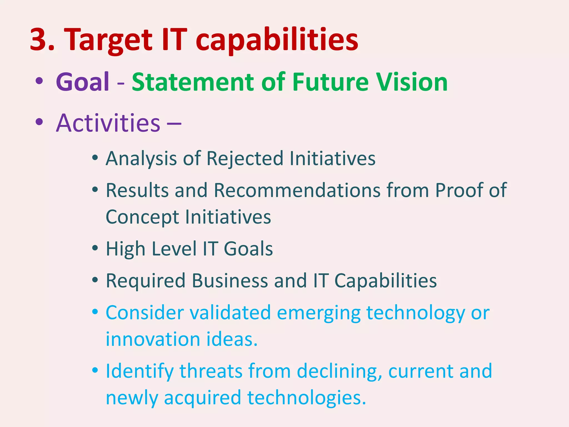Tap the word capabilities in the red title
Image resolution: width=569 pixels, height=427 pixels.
[x=277, y=40]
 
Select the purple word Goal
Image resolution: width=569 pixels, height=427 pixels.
[x=83, y=82]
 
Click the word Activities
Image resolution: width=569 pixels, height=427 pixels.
[x=108, y=123]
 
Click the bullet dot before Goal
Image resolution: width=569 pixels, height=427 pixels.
[x=39, y=81]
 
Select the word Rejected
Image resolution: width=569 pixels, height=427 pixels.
[x=245, y=158]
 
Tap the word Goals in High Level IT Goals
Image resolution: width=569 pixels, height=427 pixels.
[x=248, y=249]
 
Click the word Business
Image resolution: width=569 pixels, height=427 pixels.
[x=230, y=280]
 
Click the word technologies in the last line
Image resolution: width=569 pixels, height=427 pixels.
[x=306, y=398]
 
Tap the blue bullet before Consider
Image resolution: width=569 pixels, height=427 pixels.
[x=95, y=311]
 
